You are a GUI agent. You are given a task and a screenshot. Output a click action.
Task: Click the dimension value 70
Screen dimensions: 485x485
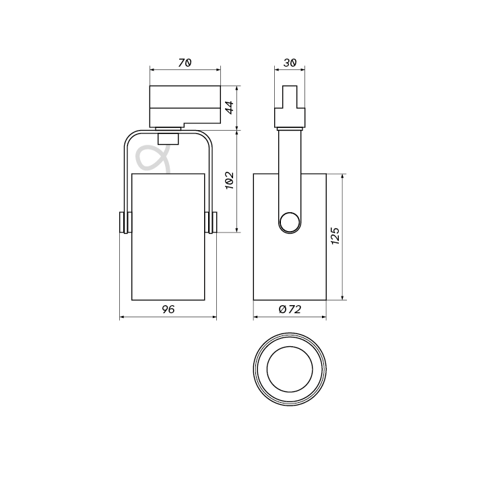tap(185, 63)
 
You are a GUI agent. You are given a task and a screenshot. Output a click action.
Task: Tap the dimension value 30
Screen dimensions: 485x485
tap(290, 63)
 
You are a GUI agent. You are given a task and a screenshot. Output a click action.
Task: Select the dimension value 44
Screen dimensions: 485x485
tap(230, 107)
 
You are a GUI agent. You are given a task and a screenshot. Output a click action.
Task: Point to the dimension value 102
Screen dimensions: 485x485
tap(230, 181)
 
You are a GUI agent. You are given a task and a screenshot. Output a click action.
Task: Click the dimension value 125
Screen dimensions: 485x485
tap(335, 236)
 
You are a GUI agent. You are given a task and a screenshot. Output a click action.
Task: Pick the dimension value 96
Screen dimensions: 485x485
tap(168, 309)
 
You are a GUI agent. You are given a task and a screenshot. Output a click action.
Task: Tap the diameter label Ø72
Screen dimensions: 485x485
tap(290, 309)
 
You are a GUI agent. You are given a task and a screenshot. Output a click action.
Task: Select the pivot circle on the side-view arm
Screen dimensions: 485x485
tap(290, 222)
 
